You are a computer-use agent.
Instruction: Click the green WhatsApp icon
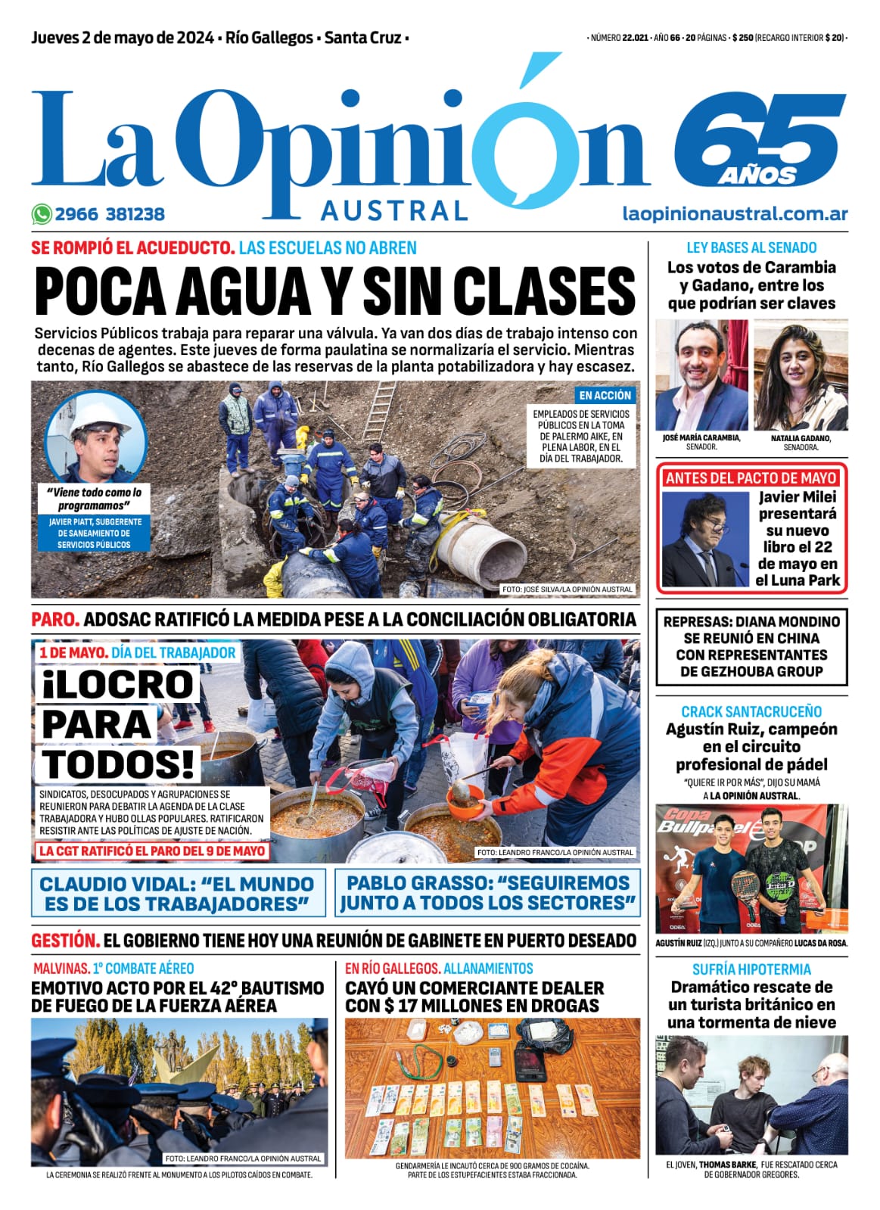(41, 214)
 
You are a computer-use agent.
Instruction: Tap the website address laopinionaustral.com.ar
(735, 214)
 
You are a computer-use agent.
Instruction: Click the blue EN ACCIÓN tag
(605, 395)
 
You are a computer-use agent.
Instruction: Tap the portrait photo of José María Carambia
(701, 375)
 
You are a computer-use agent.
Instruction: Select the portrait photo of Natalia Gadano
(801, 375)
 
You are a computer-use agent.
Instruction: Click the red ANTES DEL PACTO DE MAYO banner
(751, 478)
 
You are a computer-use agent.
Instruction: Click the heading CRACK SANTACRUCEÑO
(751, 711)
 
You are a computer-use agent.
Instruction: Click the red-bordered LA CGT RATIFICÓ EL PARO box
(152, 851)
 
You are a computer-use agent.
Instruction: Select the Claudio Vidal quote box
(178, 894)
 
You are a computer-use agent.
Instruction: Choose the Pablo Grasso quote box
(487, 893)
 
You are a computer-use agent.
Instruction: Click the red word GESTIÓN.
(65, 941)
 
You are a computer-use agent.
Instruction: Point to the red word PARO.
(55, 619)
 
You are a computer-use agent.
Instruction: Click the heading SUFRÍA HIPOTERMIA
(751, 969)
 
